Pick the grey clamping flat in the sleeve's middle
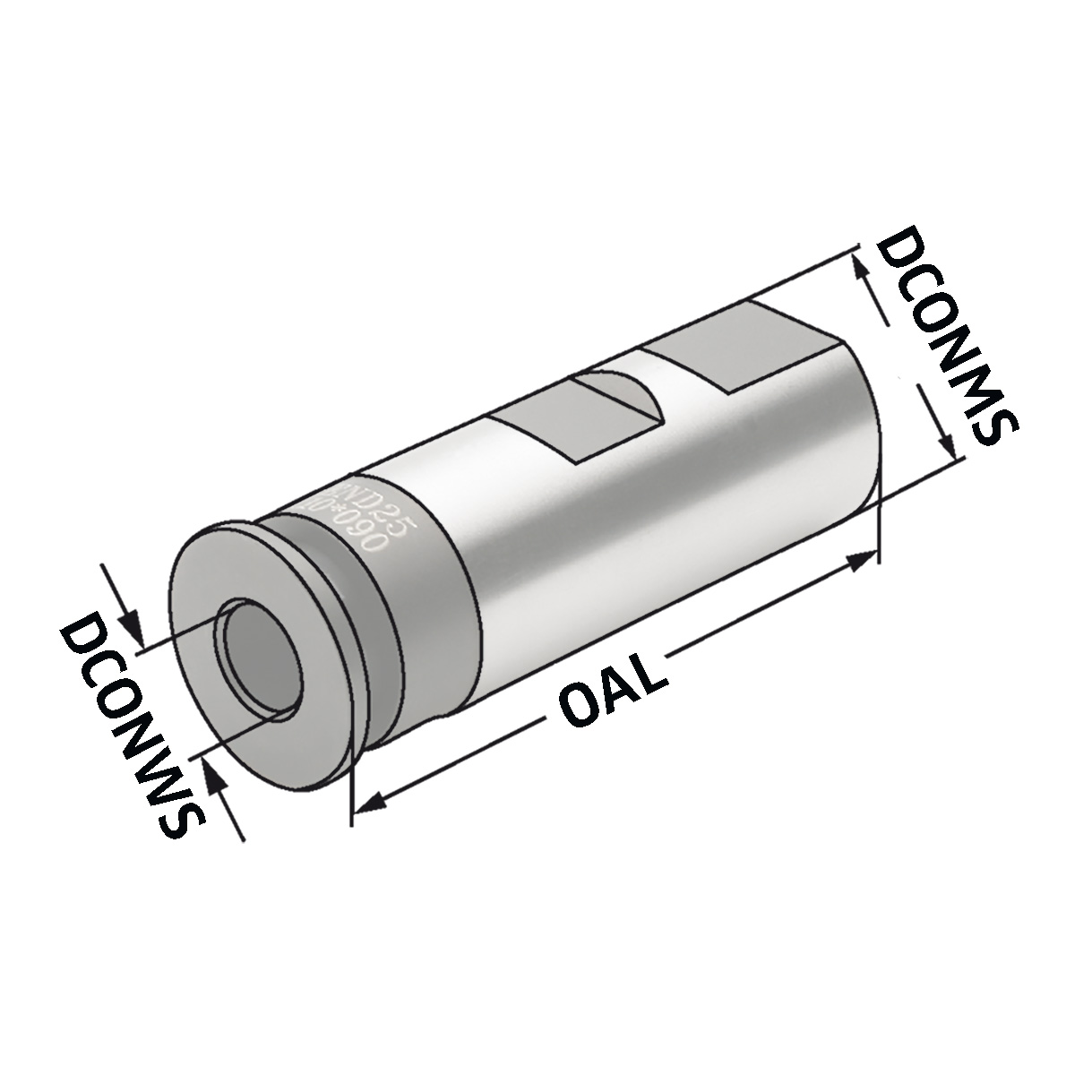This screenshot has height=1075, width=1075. [537, 430]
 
